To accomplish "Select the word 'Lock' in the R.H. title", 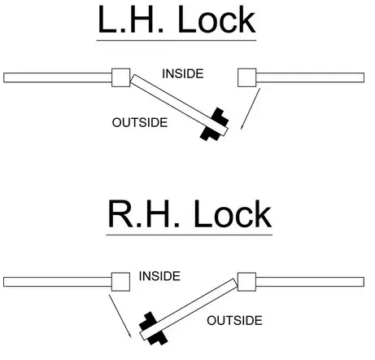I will (x=229, y=215).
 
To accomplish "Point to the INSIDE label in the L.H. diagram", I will (x=182, y=74).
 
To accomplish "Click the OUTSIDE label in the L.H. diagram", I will (x=139, y=123).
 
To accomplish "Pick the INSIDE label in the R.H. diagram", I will (x=159, y=276).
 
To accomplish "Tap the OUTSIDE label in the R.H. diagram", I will (x=234, y=320).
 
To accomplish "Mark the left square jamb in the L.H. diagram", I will (x=121, y=77).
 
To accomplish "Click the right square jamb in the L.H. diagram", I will (x=247, y=77).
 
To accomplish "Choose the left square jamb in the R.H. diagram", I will (x=120, y=281).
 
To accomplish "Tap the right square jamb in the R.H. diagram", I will (x=246, y=281).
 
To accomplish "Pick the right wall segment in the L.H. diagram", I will (x=310, y=77).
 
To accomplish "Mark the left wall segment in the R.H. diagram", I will (x=57, y=281).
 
